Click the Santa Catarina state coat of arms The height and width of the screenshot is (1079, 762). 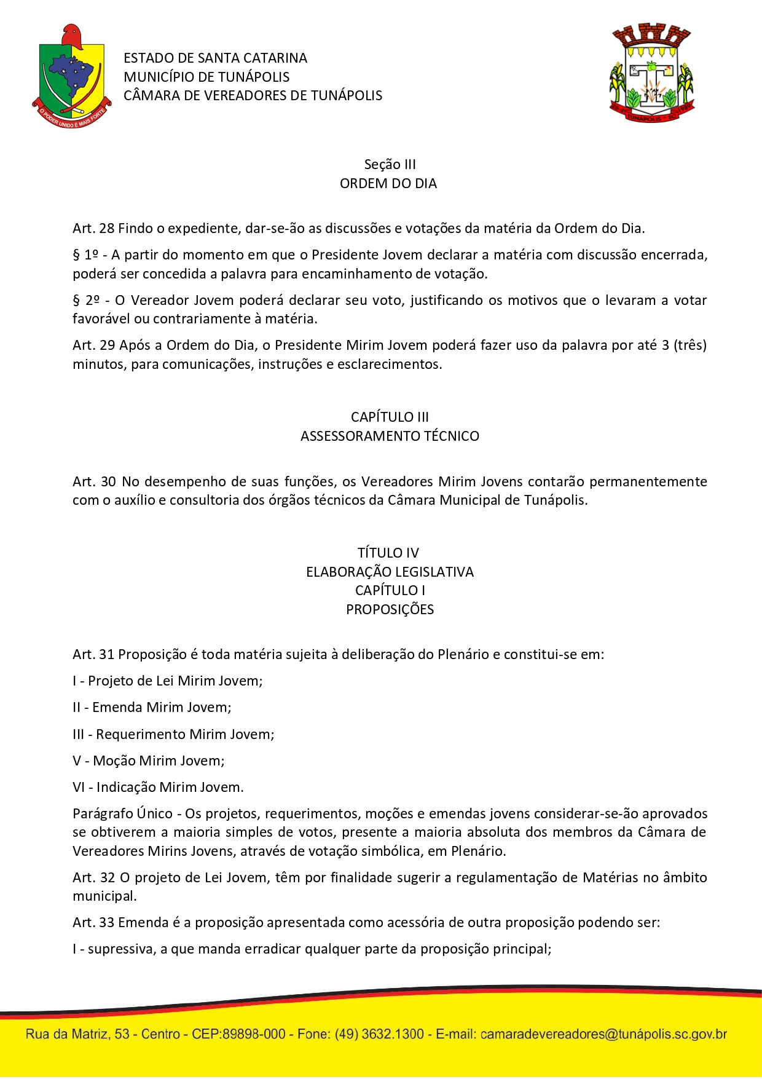click(x=72, y=77)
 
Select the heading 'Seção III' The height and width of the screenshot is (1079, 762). click(x=390, y=165)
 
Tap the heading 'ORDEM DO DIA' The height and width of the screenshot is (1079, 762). click(x=388, y=184)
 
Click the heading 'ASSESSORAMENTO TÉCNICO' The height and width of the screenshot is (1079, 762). click(x=390, y=437)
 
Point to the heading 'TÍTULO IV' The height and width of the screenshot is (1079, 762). click(x=388, y=553)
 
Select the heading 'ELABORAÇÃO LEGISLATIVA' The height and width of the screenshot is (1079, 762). click(x=390, y=572)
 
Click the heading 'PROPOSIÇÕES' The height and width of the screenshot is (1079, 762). click(x=390, y=610)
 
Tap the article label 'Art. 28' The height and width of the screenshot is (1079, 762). click(x=93, y=229)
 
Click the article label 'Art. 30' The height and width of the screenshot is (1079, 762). click(x=93, y=481)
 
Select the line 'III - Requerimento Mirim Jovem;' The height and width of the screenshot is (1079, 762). click(x=173, y=735)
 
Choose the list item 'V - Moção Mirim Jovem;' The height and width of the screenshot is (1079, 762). click(x=149, y=761)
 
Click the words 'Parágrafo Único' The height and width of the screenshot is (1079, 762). click(x=122, y=814)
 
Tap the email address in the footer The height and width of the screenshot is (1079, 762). click(x=603, y=1035)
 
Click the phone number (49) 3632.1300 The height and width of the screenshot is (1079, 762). click(x=379, y=1035)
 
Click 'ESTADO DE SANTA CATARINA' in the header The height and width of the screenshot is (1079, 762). click(x=215, y=58)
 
